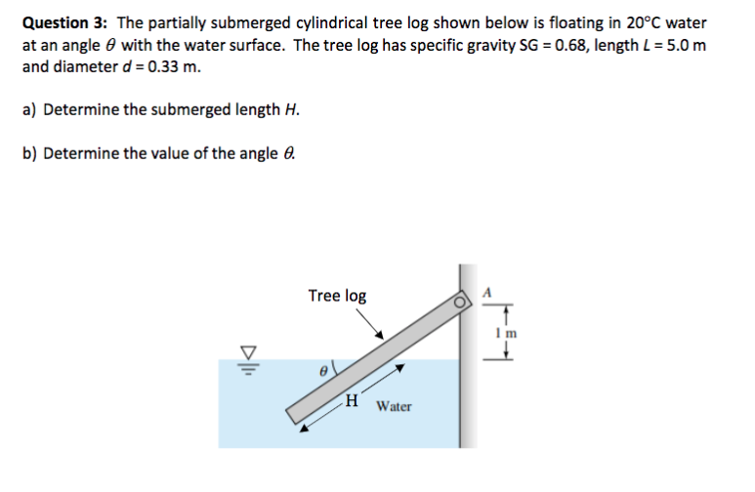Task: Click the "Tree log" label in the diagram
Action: (x=337, y=295)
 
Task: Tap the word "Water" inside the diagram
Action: (x=394, y=405)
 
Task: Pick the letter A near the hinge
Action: (x=489, y=290)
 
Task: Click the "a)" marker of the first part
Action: (x=31, y=109)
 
